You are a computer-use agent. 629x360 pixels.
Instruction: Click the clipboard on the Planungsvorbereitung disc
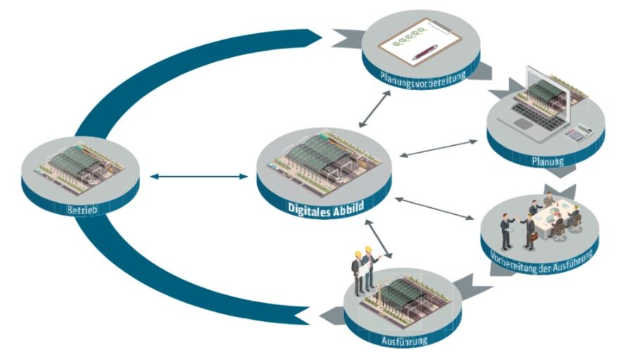(415, 39)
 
